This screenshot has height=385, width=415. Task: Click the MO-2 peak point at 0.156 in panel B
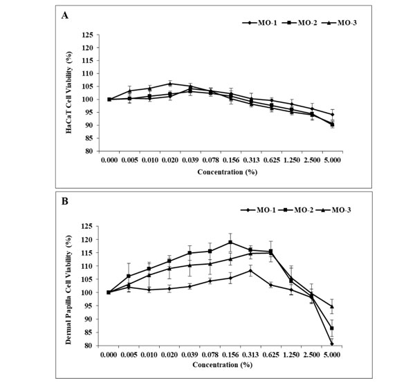pos(230,242)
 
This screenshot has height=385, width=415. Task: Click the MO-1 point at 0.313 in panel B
pos(250,270)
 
